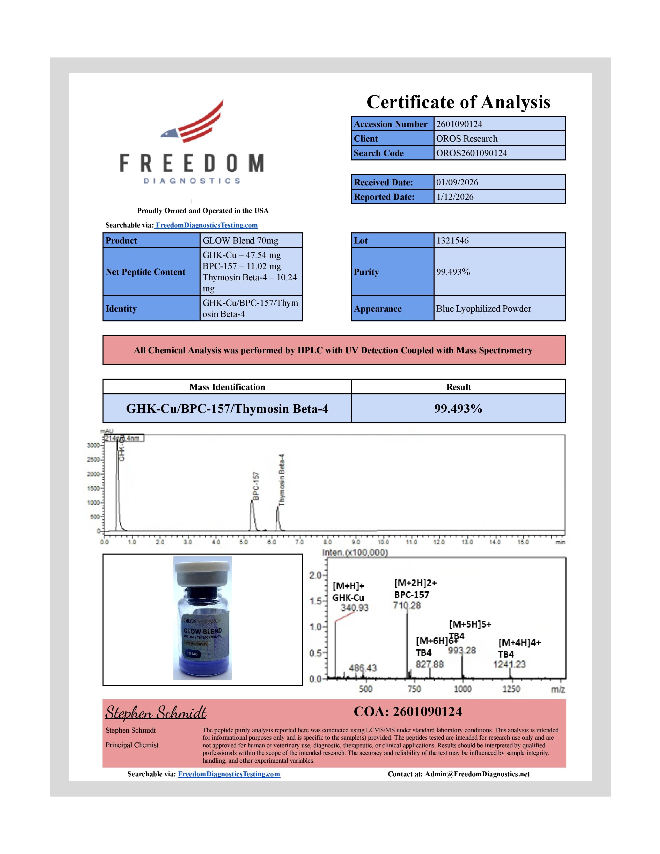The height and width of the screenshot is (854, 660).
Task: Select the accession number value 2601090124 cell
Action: coord(499,124)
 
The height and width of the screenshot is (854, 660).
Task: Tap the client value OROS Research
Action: coord(499,138)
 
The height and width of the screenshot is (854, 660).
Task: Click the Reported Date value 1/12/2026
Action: coord(499,197)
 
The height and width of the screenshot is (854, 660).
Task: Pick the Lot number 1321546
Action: coord(499,240)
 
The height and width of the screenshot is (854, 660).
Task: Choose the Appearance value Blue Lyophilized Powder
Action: coord(499,308)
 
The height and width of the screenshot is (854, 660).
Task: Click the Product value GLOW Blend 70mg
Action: coord(251,240)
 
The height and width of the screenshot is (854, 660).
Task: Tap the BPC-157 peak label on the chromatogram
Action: coord(256,486)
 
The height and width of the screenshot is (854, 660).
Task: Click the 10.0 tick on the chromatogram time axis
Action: coord(383,542)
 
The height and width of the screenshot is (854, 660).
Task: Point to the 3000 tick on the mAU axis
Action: coord(93,445)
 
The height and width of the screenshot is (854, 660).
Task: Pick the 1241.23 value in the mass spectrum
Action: coord(509,664)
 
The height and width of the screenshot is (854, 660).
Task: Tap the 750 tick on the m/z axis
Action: coord(414,689)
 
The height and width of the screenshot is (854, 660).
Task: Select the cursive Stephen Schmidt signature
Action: coord(156,713)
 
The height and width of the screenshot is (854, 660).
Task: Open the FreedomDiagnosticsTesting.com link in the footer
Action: coord(229,774)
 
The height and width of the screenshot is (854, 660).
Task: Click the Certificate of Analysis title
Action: coord(458,102)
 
